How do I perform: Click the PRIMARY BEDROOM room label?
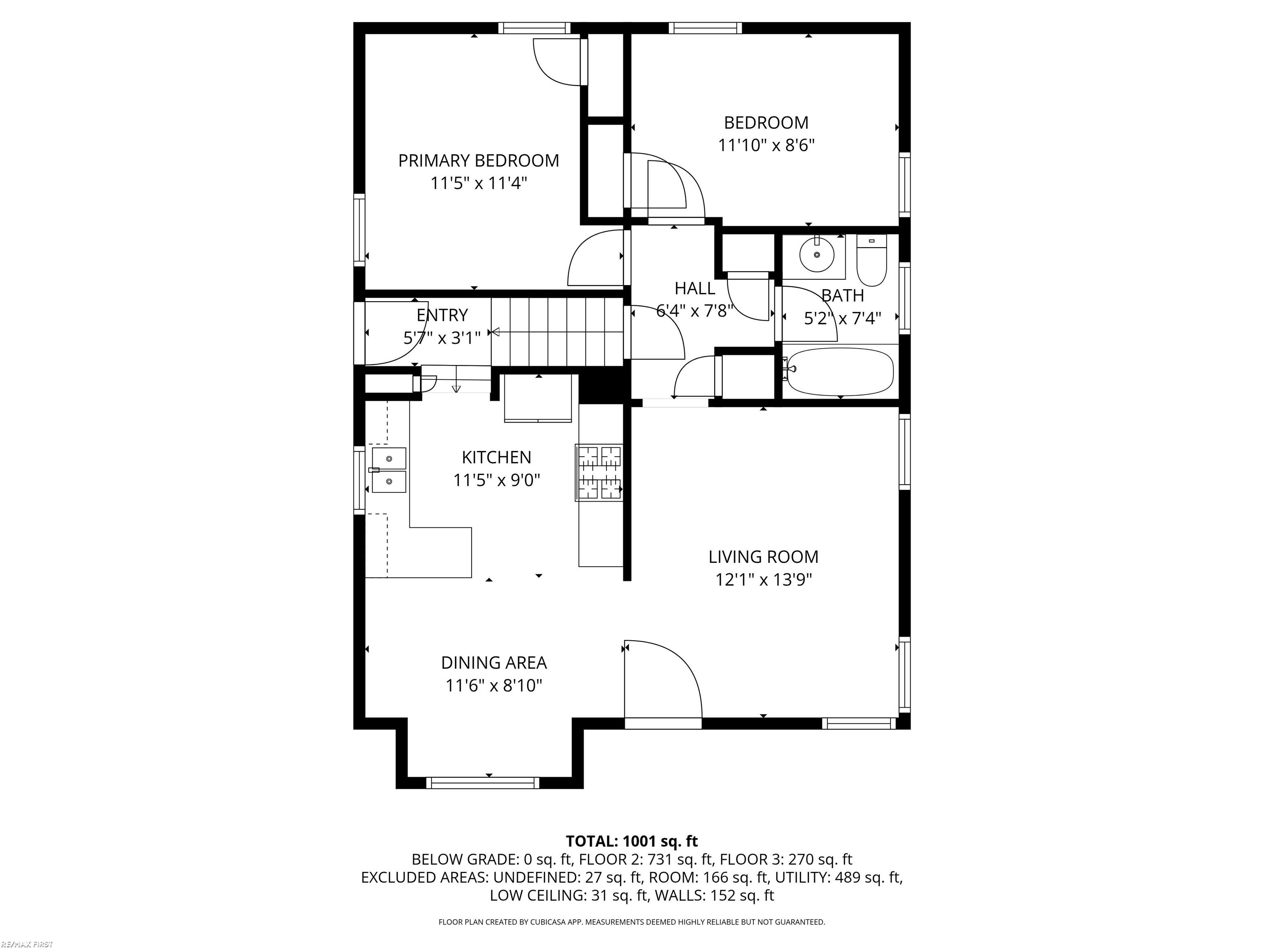point(478,160)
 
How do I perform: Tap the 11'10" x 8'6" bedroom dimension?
point(766,145)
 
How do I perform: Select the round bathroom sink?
point(817,254)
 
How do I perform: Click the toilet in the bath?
point(871,260)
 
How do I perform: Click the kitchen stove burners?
point(599,473)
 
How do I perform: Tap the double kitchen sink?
point(388,470)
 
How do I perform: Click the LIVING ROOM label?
point(763,557)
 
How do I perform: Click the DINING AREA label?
point(494,663)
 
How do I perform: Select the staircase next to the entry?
point(557,331)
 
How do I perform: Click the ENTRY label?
point(442,315)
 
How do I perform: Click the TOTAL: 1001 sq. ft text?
point(632,841)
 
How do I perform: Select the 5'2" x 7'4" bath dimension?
point(842,318)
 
